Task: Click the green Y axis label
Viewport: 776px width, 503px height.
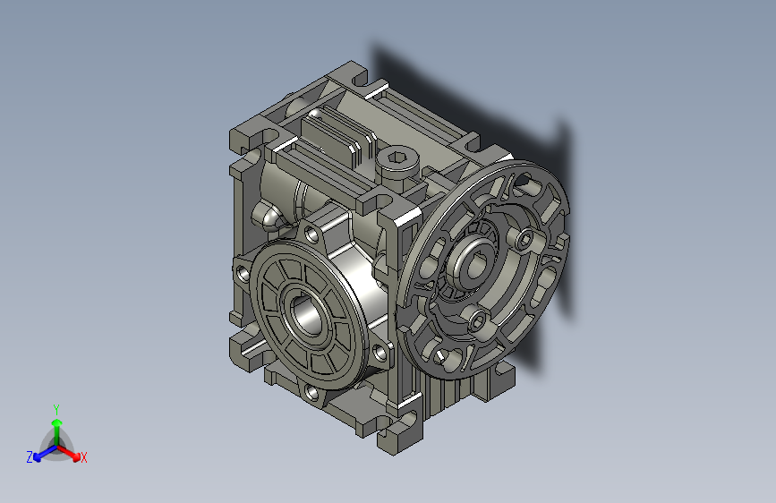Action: pos(55,407)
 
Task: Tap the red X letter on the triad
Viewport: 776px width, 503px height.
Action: pos(84,458)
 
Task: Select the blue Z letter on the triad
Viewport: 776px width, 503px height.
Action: pos(30,457)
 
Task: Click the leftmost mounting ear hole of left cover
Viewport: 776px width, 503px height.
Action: pos(241,271)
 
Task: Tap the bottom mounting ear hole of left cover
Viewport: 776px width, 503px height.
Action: pos(310,391)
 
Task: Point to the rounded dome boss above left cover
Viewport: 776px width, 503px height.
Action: pos(267,216)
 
